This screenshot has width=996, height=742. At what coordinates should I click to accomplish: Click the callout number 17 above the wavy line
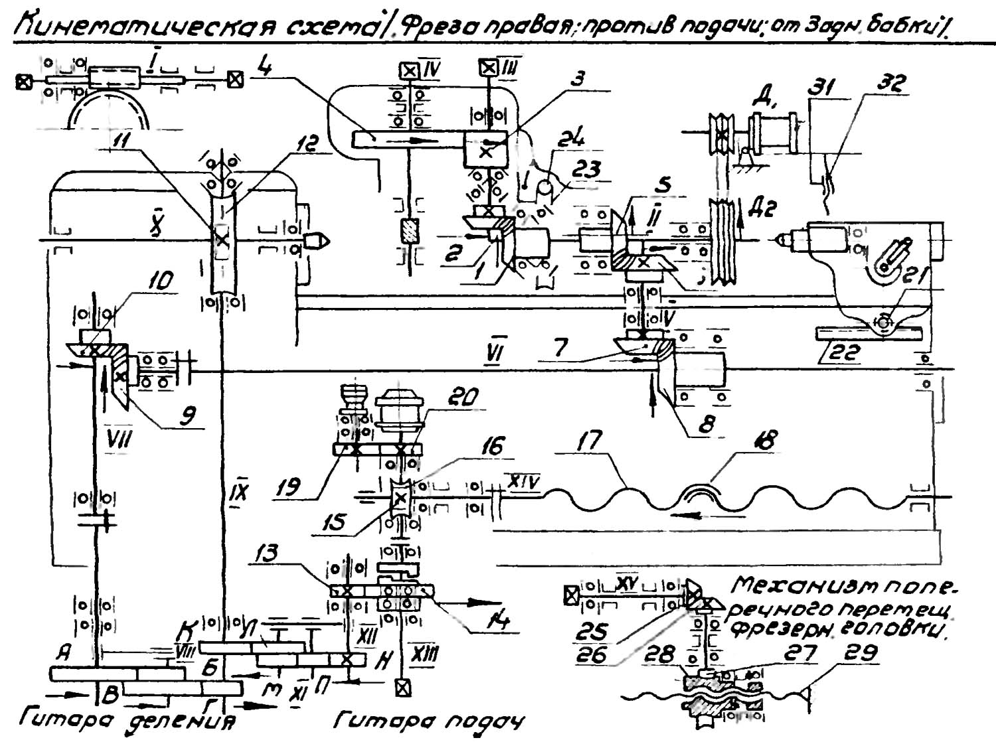[x=588, y=441]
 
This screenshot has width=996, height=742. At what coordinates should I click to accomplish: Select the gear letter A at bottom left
[x=64, y=653]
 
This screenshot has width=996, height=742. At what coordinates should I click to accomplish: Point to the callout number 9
[x=188, y=416]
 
